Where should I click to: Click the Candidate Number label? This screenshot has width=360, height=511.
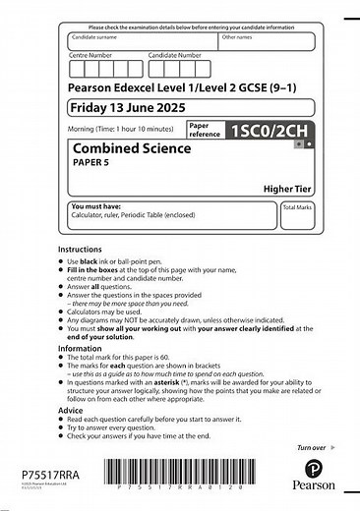click(175, 56)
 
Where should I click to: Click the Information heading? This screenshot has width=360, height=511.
click(79, 347)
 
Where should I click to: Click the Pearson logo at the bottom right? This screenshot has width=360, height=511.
click(313, 474)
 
